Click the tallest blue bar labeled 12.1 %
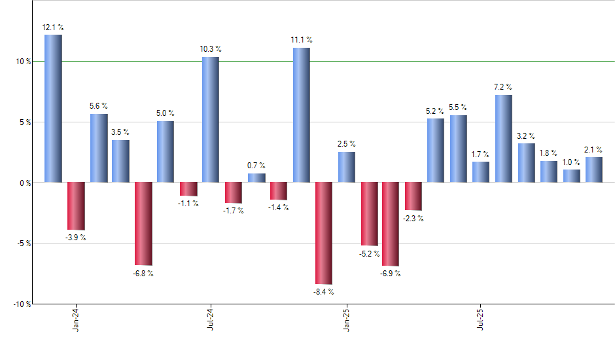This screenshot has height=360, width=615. pyautogui.click(x=53, y=108)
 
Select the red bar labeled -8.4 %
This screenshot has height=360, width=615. pyautogui.click(x=324, y=233)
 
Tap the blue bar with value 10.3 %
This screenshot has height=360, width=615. pyautogui.click(x=211, y=120)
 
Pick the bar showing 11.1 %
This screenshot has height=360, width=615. pyautogui.click(x=301, y=115)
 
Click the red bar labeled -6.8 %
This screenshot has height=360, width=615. pyautogui.click(x=143, y=223)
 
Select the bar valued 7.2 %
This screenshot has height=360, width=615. pyautogui.click(x=504, y=139)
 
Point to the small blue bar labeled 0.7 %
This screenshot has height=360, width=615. pyautogui.click(x=256, y=178)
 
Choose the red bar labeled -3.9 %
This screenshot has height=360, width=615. pyautogui.click(x=76, y=206)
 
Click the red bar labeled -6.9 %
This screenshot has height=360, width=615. pyautogui.click(x=391, y=224)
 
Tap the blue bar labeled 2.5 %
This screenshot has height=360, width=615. pyautogui.click(x=346, y=167)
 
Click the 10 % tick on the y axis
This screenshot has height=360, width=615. pyautogui.click(x=24, y=62)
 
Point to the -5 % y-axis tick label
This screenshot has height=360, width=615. pyautogui.click(x=24, y=243)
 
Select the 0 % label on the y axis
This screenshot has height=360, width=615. pyautogui.click(x=26, y=183)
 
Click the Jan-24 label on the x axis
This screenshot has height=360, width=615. pyautogui.click(x=76, y=319)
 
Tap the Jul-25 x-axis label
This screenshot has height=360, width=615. pyautogui.click(x=481, y=319)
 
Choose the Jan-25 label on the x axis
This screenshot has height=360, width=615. pyautogui.click(x=346, y=319)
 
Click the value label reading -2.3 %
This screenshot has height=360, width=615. pyautogui.click(x=413, y=219)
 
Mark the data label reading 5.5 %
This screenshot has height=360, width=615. pyautogui.click(x=458, y=107)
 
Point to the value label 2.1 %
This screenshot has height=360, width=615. pyautogui.click(x=594, y=149)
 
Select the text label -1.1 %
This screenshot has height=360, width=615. pyautogui.click(x=188, y=204)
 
